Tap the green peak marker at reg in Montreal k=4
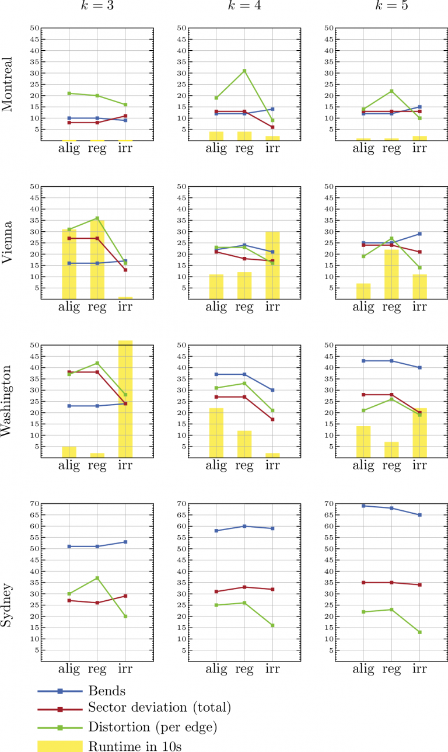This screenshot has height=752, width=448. click(x=244, y=71)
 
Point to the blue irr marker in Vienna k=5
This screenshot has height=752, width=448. click(x=419, y=234)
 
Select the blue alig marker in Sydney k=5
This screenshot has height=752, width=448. click(x=363, y=506)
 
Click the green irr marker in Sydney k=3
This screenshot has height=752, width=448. click(x=125, y=616)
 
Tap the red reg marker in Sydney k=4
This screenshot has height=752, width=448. click(x=244, y=587)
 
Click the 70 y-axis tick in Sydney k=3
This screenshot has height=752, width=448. click(x=34, y=504)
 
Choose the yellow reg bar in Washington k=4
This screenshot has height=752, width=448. click(x=244, y=444)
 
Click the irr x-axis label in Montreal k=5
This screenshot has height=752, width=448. click(x=419, y=148)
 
